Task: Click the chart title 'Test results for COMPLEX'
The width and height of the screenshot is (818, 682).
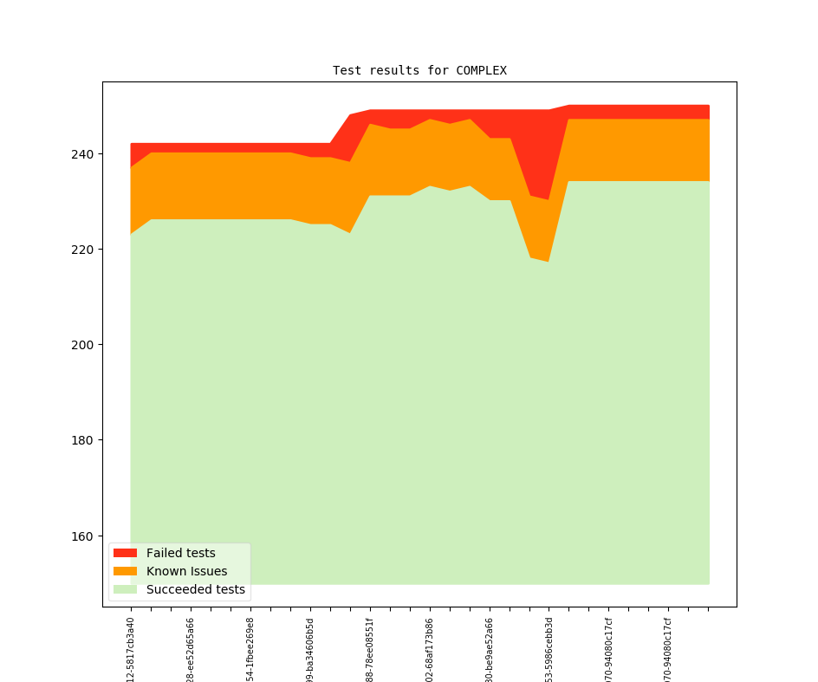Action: coord(419,70)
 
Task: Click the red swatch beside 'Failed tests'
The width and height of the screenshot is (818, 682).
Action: coord(125,553)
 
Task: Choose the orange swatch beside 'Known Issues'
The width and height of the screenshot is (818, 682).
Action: coord(125,571)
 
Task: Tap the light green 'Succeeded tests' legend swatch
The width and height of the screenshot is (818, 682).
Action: coord(125,589)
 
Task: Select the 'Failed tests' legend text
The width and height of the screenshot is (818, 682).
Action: coord(180,553)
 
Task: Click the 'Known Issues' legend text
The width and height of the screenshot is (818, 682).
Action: coord(186,571)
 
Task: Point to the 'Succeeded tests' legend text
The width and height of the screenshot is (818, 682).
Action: coord(195,589)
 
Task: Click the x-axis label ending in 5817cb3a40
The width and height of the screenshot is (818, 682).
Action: coord(131,649)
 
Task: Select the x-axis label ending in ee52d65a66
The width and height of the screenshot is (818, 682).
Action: coord(191,649)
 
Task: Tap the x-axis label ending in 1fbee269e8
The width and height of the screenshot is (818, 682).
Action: coord(250,649)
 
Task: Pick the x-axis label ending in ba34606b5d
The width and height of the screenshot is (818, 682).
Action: coord(310,649)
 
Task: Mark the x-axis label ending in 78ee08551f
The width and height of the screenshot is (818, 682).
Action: coord(370,649)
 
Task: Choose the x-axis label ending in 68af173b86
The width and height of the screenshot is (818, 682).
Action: coord(430,649)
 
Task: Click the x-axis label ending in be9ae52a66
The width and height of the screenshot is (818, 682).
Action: coord(490,649)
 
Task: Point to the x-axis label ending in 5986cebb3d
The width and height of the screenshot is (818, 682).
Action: coord(549,649)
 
